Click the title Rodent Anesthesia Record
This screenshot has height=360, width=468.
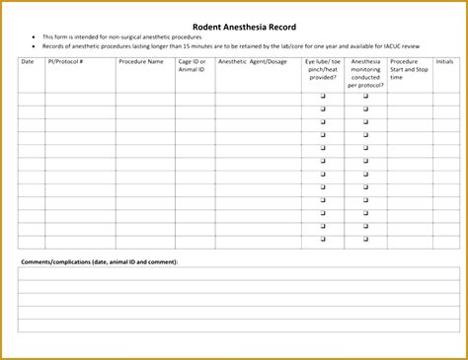coord(234,26)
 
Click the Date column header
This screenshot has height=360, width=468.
coord(27,61)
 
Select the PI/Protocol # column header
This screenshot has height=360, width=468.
coord(66,61)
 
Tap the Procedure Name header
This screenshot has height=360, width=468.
coord(141,61)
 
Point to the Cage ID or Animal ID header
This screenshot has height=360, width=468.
coord(192,65)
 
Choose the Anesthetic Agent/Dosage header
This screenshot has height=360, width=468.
coord(252,61)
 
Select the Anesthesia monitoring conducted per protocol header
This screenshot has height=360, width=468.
coord(365,73)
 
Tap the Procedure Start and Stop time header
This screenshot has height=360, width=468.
coord(410,69)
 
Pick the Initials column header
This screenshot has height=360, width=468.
coord(445,61)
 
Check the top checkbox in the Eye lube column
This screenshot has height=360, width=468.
coord(322,97)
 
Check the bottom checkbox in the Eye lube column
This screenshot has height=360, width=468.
coord(322,239)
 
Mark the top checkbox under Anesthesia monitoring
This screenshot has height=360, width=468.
coord(365,97)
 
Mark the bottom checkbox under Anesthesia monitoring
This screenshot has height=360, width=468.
coord(365,239)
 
